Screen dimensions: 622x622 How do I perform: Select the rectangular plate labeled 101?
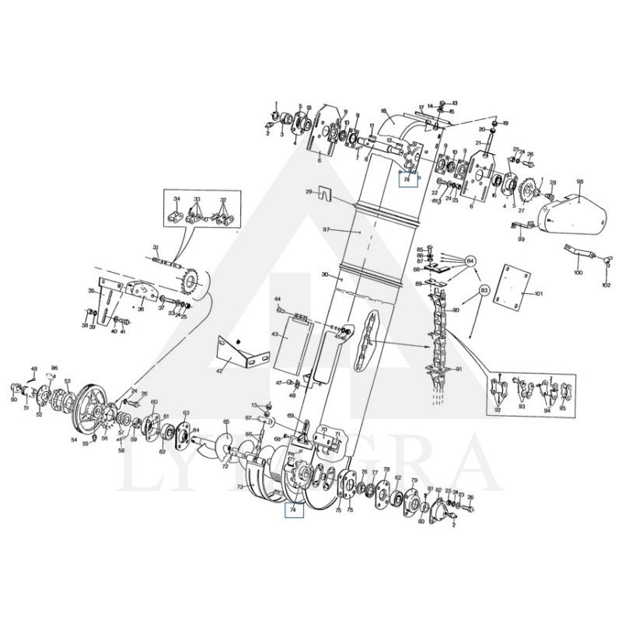(x=512, y=286)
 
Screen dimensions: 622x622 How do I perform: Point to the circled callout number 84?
(x=470, y=260)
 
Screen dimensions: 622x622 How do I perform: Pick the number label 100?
(x=577, y=273)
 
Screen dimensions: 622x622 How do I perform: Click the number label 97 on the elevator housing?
(x=327, y=229)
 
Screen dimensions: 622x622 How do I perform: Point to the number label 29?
(x=309, y=191)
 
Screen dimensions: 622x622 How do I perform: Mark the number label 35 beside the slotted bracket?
(x=91, y=291)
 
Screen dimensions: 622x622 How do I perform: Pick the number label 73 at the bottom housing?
(x=240, y=485)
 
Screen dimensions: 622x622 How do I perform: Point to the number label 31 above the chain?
(x=155, y=246)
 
